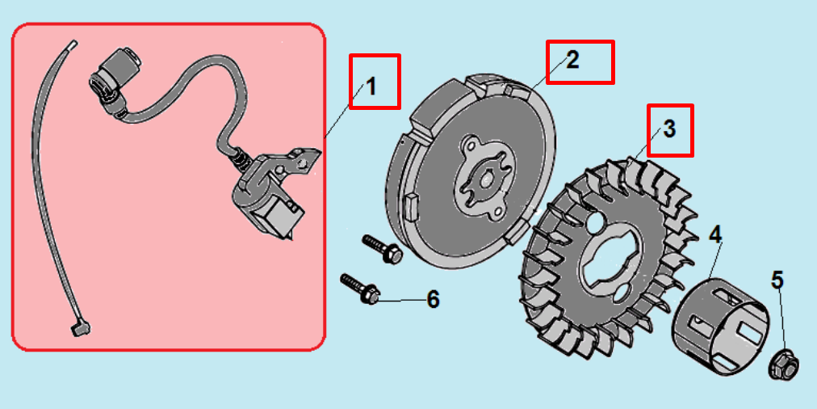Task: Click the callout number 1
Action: (x=371, y=86)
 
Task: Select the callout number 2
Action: (x=572, y=61)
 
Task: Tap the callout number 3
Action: (x=669, y=129)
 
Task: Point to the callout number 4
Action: (x=715, y=234)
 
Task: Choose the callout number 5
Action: (x=777, y=280)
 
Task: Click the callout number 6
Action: (x=433, y=299)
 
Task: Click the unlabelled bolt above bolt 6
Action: (x=383, y=249)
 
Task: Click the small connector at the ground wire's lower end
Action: (x=81, y=329)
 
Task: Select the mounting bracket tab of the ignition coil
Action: (x=300, y=160)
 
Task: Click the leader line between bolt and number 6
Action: (x=400, y=301)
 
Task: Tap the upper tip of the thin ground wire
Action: (x=74, y=42)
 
